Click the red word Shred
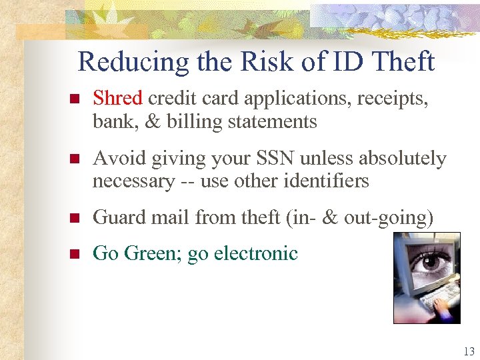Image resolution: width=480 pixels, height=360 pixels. (x=117, y=99)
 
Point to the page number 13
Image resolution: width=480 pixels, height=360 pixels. (x=467, y=351)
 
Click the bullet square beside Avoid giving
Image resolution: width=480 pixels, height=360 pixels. (x=75, y=160)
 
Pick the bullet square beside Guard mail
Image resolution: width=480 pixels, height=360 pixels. (x=75, y=218)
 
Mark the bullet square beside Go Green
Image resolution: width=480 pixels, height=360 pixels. (x=75, y=254)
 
